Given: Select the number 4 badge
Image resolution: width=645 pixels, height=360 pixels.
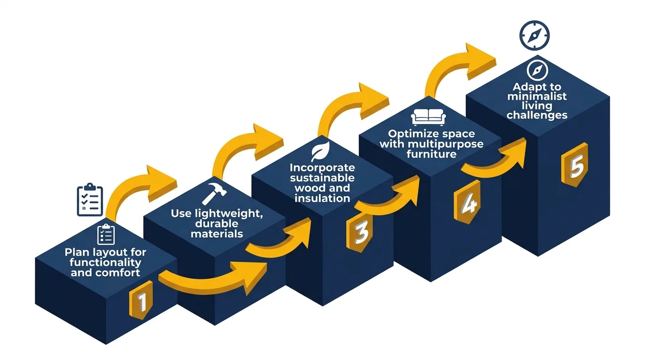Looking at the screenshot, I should pos(466,204).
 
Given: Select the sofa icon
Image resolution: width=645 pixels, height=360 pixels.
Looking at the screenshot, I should pos(428,117).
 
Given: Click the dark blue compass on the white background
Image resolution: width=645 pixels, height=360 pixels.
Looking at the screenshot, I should pos(534,35).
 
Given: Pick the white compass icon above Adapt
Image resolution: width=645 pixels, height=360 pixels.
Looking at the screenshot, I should pos(537,70).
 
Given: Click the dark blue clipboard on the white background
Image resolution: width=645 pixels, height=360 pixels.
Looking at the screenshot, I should pos(90,200).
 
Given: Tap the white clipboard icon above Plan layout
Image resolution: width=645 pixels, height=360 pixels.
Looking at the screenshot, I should pos(105,234).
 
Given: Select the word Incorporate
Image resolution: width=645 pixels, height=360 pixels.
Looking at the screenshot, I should pos(322,168).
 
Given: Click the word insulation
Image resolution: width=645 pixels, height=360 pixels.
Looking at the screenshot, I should pos(322,198).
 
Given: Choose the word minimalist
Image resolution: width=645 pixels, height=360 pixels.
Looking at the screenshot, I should pos(537,97).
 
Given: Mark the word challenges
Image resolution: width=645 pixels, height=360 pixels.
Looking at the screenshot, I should pos(537,115).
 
